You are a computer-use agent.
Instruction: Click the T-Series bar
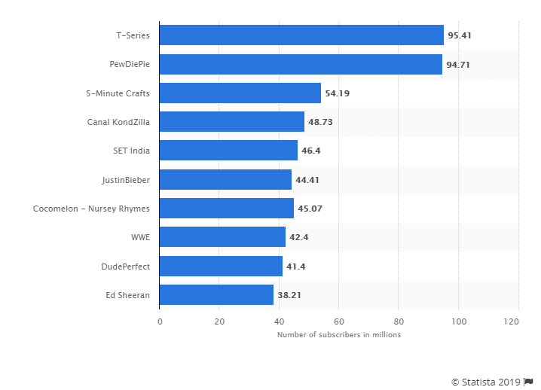[x=301, y=35]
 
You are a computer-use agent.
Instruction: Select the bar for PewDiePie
[x=301, y=64]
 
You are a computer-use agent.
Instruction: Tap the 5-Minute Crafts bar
[x=240, y=93]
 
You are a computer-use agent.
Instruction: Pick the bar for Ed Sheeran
[x=216, y=294]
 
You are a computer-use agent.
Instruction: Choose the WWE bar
[x=222, y=237]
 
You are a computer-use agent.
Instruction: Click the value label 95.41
[x=459, y=35]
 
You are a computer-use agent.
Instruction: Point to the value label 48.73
[x=320, y=122]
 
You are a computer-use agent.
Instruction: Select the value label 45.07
[x=310, y=209]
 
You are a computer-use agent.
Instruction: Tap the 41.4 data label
[x=296, y=266]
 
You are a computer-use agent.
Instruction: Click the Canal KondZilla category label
[x=119, y=122]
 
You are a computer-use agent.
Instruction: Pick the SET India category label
[x=130, y=151]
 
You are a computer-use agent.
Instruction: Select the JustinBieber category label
[x=126, y=180]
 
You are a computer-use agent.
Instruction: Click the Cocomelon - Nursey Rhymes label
[x=91, y=209]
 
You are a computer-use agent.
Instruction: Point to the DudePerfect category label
[x=125, y=266]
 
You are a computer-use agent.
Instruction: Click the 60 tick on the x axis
[x=339, y=321]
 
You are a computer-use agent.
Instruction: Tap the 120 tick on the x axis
[x=512, y=321]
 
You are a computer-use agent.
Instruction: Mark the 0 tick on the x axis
[x=160, y=321]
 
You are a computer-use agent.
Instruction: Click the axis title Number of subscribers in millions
[x=339, y=335]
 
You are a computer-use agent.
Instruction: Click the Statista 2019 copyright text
[x=486, y=382]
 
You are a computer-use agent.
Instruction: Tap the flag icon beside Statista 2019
[x=528, y=382]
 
